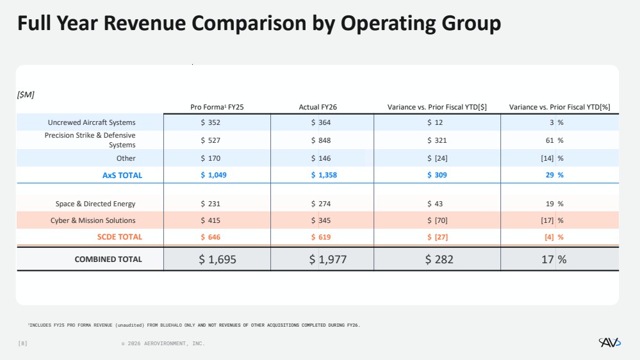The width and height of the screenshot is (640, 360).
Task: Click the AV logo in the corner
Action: (x=610, y=343)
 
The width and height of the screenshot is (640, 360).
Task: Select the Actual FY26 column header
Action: (x=318, y=107)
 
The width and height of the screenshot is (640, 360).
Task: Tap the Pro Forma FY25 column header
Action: (x=217, y=107)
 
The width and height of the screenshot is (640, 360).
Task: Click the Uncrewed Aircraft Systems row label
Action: (x=92, y=122)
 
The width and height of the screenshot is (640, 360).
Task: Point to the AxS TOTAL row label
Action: (x=122, y=175)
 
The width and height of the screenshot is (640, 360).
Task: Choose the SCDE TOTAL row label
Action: (x=120, y=237)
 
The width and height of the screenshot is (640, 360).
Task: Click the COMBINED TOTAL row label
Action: (x=108, y=259)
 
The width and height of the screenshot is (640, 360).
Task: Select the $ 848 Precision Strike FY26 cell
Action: (x=321, y=140)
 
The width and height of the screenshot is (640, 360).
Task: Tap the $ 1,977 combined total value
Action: (x=328, y=259)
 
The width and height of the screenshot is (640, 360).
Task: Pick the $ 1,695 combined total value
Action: (x=217, y=259)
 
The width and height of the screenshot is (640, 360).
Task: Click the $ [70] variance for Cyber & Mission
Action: (x=437, y=220)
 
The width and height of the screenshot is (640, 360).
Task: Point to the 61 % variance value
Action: (x=555, y=140)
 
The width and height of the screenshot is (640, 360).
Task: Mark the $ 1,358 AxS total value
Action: (x=324, y=175)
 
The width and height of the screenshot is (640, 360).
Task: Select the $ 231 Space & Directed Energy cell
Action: (x=210, y=204)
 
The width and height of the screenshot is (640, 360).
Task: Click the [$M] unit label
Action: (x=26, y=95)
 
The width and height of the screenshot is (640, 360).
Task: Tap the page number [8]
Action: (x=23, y=343)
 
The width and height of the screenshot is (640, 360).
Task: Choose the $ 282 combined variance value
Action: (x=439, y=259)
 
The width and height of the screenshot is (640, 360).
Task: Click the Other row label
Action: (x=126, y=158)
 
